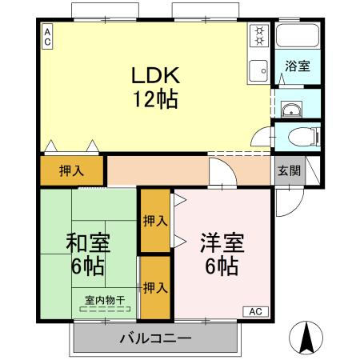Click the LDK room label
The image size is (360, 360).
tap(156, 75)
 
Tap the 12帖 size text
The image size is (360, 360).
tap(156, 99)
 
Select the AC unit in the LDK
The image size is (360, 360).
tap(47, 37)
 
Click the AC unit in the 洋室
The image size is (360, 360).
tap(255, 311)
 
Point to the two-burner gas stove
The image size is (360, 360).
tap(259, 36)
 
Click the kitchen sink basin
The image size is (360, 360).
tap(258, 70)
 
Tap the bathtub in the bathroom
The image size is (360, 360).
tap(298, 36)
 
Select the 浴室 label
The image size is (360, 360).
tap(298, 66)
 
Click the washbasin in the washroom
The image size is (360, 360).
tap(291, 110)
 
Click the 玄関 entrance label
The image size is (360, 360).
tap(290, 170)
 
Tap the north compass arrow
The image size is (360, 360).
tap(306, 338)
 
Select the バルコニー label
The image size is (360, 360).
tap(156, 338)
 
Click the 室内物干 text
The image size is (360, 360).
tap(105, 300)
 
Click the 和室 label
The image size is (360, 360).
tap(88, 242)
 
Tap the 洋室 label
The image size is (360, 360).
tap(222, 242)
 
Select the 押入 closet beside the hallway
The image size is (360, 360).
tap(71, 170)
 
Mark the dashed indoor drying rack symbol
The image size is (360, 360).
tap(105, 309)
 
